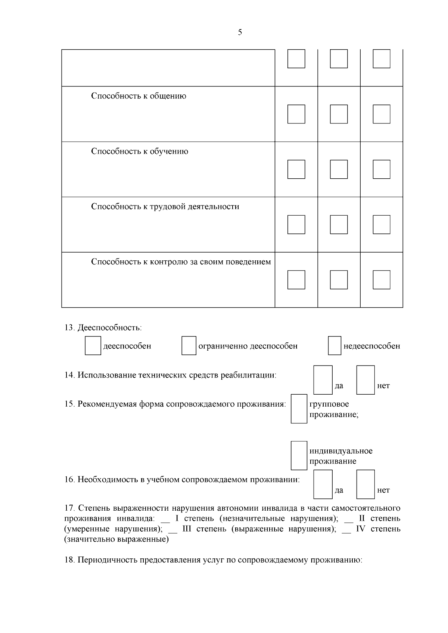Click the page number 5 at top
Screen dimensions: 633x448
(240, 32)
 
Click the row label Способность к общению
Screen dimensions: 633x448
(139, 96)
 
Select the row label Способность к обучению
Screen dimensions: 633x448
(139, 151)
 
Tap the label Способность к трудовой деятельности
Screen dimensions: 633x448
(165, 207)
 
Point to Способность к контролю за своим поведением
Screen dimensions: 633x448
(181, 262)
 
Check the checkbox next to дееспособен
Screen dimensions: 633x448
(93, 346)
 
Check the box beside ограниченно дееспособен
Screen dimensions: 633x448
(189, 346)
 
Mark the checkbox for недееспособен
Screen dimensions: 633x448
(335, 346)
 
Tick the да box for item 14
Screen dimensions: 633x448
(323, 380)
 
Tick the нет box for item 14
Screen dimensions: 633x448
(365, 380)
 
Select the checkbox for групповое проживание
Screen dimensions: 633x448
(299, 409)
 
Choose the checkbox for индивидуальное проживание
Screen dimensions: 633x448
(299, 455)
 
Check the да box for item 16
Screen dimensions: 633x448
(323, 484)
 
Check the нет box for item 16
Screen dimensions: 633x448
(365, 484)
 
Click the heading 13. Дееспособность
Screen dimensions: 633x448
(103, 328)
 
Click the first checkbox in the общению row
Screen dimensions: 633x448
(296, 114)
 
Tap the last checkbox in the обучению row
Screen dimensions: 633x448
(382, 169)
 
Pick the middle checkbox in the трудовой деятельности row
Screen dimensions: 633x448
(339, 225)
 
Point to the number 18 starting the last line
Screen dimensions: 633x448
(69, 560)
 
